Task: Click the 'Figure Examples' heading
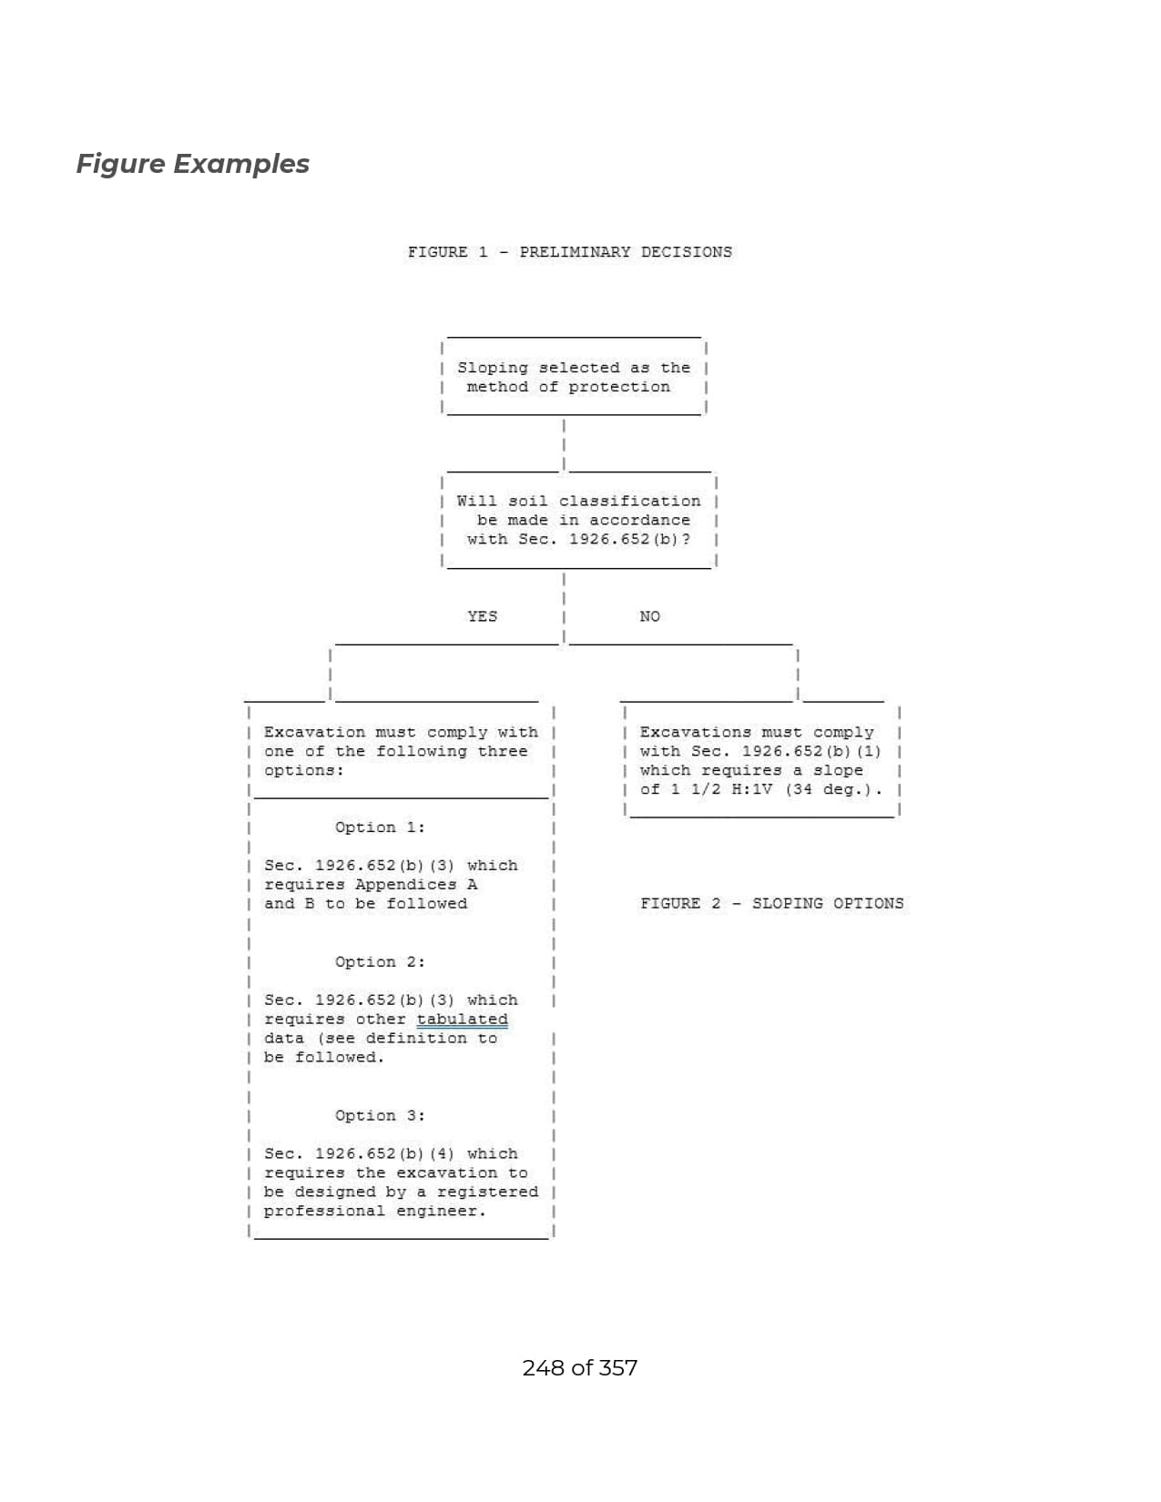click(192, 165)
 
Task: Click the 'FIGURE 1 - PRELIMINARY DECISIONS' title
click(570, 252)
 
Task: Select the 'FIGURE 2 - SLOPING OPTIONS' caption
click(771, 903)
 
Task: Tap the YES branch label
click(482, 616)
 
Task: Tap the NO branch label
click(649, 616)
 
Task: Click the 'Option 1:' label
click(380, 827)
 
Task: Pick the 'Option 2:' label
click(380, 962)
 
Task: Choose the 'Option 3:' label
click(380, 1116)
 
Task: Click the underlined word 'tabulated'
click(462, 1020)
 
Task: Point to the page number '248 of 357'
click(579, 1367)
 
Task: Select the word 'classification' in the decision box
click(630, 502)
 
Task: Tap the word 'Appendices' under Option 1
click(406, 885)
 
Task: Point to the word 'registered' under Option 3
click(487, 1192)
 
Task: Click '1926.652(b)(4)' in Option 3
click(384, 1153)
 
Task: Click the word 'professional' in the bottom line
click(324, 1211)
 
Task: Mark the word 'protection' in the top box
click(619, 387)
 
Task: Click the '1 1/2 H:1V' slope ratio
click(721, 789)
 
